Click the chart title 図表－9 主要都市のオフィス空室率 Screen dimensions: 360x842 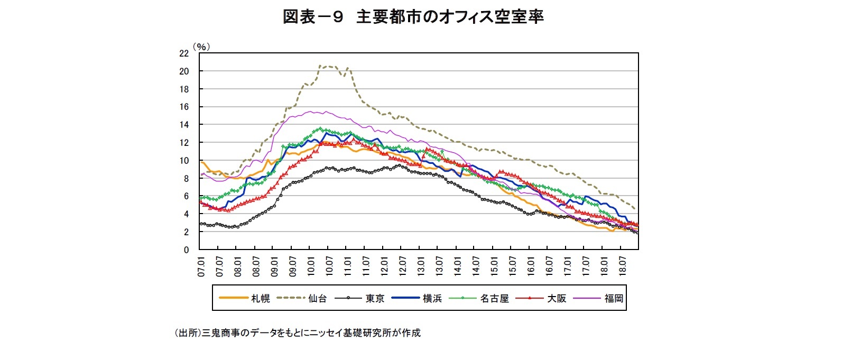(413, 17)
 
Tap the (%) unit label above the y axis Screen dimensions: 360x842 (201, 47)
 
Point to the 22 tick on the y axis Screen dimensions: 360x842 (184, 53)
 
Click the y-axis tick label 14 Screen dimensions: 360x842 (184, 125)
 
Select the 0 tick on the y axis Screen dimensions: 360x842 (186, 250)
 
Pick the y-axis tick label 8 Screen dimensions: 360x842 (186, 179)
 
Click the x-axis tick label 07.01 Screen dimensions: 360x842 (201, 266)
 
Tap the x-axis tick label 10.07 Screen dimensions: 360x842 (329, 266)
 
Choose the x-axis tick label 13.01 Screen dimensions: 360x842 (421, 266)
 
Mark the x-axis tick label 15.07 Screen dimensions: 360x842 (512, 266)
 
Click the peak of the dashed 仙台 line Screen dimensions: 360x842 (320, 66)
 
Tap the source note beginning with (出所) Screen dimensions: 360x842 (297, 333)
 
